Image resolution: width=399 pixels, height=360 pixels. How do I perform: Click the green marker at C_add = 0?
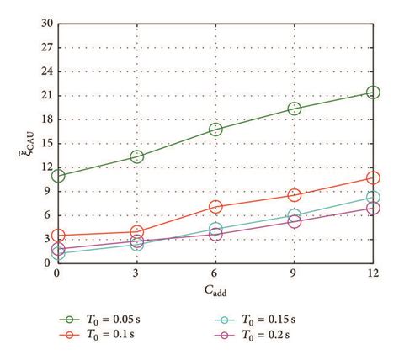[x=57, y=176]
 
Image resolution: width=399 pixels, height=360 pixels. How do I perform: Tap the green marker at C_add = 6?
[x=215, y=130]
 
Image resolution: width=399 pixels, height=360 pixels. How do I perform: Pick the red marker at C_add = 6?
[x=215, y=206]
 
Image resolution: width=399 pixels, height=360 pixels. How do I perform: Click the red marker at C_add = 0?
[x=57, y=236]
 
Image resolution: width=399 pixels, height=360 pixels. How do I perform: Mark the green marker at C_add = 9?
[x=295, y=109]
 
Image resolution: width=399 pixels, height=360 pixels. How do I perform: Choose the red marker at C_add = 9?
[x=295, y=195]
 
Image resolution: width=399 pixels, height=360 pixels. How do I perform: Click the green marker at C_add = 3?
[x=136, y=156]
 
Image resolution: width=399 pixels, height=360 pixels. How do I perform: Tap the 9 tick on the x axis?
[x=295, y=274]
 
